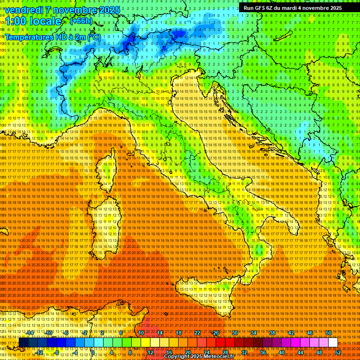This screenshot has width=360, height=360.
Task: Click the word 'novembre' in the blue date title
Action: [74, 10]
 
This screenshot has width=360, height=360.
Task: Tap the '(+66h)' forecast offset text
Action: [81, 21]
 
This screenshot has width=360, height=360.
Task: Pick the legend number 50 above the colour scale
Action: [329, 333]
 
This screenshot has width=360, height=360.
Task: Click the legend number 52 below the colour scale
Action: [338, 352]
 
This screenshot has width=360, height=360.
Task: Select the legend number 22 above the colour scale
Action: [197, 333]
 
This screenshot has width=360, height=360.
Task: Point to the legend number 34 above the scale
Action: [254, 333]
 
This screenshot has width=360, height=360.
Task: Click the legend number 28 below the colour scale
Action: [225, 352]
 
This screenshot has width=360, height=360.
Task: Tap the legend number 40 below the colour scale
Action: [282, 352]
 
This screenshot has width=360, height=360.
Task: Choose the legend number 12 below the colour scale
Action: [150, 352]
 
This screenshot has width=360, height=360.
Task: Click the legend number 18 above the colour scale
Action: [179, 333]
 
